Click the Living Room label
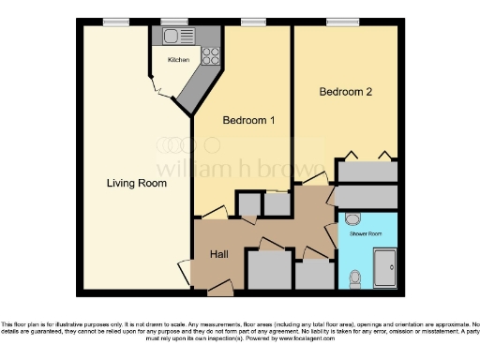(137, 184)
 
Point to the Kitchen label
(178, 60)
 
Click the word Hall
(218, 254)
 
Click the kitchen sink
(172, 37)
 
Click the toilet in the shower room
(353, 277)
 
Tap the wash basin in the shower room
(352, 218)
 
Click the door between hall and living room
(185, 273)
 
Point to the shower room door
(332, 234)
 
